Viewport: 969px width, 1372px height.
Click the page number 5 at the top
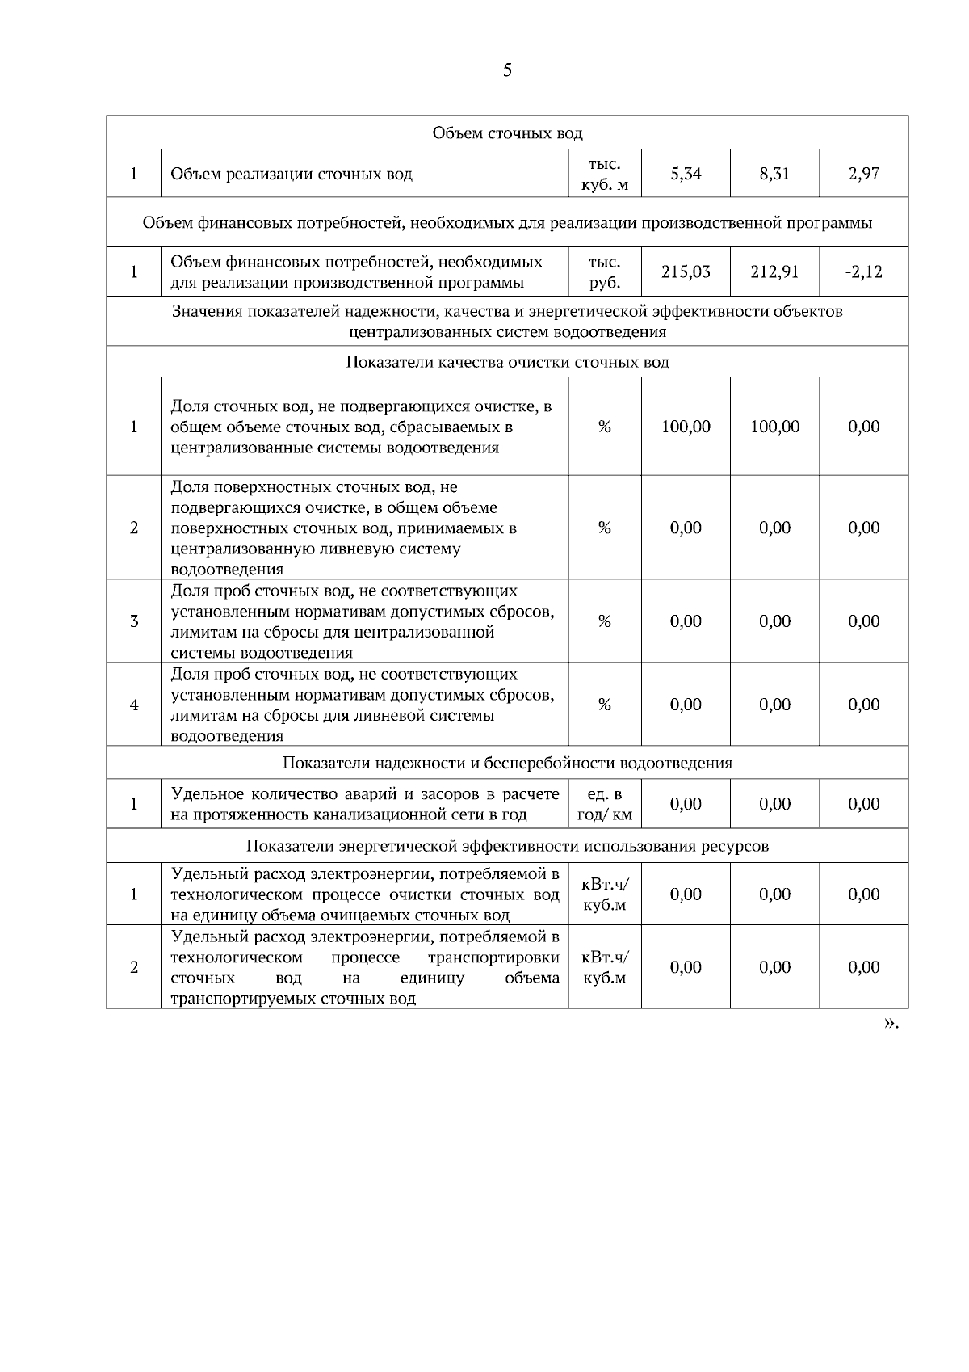click(x=507, y=70)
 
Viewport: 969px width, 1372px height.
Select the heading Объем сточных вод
click(x=507, y=133)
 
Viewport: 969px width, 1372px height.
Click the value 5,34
click(x=686, y=174)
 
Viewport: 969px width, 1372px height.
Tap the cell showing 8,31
click(x=774, y=174)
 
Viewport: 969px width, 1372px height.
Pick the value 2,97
click(x=863, y=174)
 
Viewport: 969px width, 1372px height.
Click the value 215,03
click(x=686, y=272)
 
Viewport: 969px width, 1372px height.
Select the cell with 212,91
click(x=774, y=272)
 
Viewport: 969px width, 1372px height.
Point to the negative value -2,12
click(x=863, y=272)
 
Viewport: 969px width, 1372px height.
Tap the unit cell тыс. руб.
click(x=604, y=272)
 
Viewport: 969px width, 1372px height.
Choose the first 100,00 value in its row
click(x=686, y=427)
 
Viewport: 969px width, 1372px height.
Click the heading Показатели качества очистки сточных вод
click(x=507, y=362)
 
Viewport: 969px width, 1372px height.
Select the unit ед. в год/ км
click(x=604, y=805)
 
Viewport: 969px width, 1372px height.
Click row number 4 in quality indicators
click(x=134, y=705)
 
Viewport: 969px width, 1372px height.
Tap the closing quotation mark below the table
click(x=890, y=1024)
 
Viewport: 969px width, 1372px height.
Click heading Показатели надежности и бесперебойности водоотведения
click(x=507, y=763)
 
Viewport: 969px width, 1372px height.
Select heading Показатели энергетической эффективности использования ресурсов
click(x=507, y=846)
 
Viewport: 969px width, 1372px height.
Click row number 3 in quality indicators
click(x=134, y=621)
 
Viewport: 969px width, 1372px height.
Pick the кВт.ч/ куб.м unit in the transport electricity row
click(x=604, y=967)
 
